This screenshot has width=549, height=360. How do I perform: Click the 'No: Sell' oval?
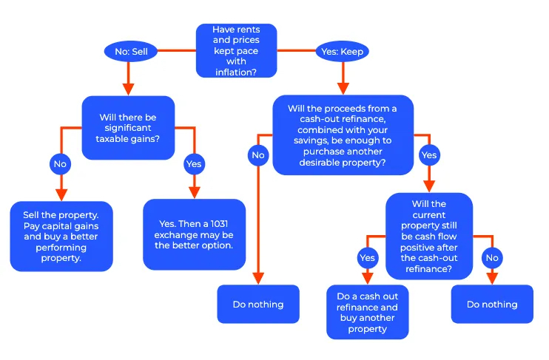[x=131, y=52]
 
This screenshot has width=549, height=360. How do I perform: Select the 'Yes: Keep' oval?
[x=343, y=52]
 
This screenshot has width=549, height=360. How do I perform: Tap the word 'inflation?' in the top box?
[x=236, y=72]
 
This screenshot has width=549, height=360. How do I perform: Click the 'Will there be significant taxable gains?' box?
[x=128, y=128]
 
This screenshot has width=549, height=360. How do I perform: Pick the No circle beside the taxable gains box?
[x=60, y=163]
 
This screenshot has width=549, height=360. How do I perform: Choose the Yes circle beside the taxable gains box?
[x=195, y=163]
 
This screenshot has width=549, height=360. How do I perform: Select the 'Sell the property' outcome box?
[x=61, y=236]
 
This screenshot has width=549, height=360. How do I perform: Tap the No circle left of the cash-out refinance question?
[x=258, y=155]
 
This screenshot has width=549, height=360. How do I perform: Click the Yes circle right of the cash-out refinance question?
[x=429, y=155]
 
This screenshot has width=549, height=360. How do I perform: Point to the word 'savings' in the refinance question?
[x=308, y=140]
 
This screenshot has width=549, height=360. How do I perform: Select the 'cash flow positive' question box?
[x=429, y=236]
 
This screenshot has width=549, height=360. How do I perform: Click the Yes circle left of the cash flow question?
[x=368, y=258]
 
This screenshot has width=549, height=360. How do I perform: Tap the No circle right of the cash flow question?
[x=492, y=258]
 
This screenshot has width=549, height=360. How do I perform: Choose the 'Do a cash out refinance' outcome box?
[x=368, y=312]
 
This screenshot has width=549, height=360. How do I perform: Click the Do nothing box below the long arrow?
[x=258, y=304]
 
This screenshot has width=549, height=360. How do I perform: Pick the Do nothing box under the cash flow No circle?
[x=492, y=304]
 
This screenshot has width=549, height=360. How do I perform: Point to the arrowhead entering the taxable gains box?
[x=128, y=89]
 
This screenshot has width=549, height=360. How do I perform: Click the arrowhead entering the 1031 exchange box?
[x=195, y=193]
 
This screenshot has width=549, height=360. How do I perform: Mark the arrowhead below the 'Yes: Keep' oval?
[x=343, y=89]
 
